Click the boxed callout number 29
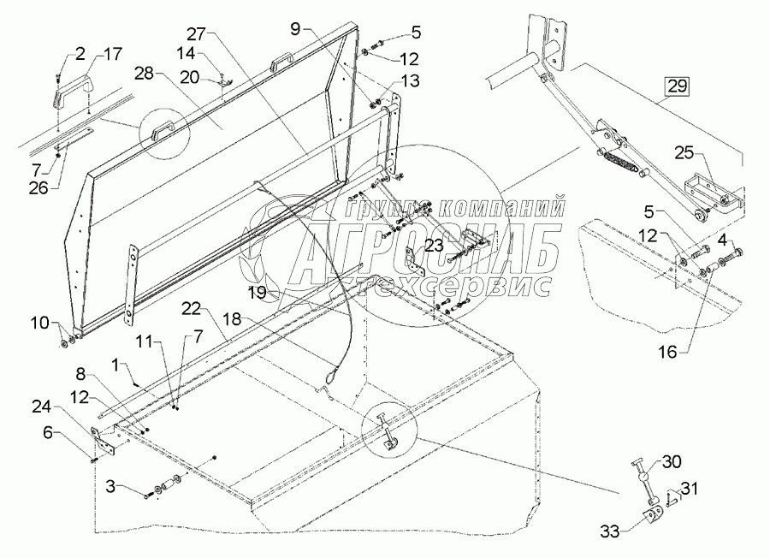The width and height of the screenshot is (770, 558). coord(676,86)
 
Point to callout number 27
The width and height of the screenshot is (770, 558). coord(197,34)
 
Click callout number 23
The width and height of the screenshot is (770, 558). coord(434,246)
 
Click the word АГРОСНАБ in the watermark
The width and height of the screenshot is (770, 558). coord(427,246)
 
